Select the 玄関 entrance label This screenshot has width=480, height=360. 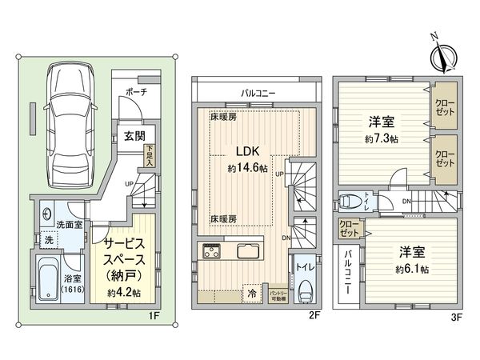[134, 136]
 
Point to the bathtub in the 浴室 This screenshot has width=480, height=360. [48, 279]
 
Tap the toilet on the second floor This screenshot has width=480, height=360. [305, 291]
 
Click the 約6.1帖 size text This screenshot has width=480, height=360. [412, 270]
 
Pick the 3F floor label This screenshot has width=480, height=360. [456, 315]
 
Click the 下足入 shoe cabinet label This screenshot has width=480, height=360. [150, 154]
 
